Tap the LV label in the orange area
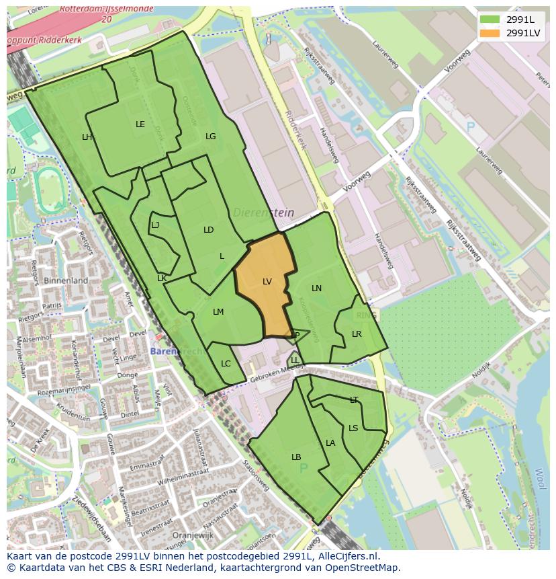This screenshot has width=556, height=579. click(267, 282)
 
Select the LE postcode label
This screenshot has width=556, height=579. click(140, 124)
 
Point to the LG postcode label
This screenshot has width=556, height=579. click(211, 136)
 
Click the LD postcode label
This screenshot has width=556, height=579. click(209, 229)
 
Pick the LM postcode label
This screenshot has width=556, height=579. click(218, 311)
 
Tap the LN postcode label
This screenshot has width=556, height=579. click(317, 288)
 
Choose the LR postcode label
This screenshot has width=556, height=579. click(357, 334)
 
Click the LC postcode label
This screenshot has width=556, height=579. click(226, 364)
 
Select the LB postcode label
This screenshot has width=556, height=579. click(296, 457)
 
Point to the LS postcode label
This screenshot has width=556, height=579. click(353, 428)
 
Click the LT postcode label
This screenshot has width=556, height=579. click(354, 399)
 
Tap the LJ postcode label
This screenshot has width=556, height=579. click(155, 225)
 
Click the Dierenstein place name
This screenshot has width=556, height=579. click(264, 213)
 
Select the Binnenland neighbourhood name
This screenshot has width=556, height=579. click(66, 280)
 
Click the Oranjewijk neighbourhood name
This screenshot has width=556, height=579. click(173, 536)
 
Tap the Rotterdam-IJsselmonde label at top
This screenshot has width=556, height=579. click(106, 10)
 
